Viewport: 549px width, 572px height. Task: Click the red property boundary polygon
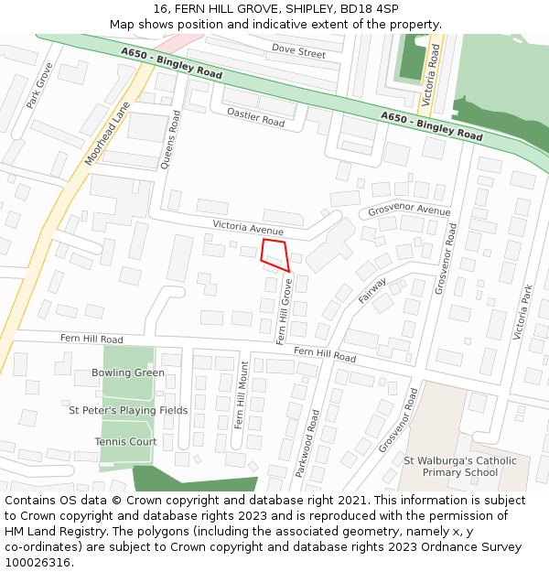[x=274, y=254]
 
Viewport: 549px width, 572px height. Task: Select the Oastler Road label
[x=256, y=116]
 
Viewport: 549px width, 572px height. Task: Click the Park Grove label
[x=39, y=86]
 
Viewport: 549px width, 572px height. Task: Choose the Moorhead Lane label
[x=108, y=134]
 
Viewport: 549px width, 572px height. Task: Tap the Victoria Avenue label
[x=248, y=226]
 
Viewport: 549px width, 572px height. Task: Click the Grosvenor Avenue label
[x=409, y=210]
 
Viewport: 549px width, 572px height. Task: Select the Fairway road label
[x=372, y=289]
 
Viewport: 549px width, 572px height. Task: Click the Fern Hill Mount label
[x=242, y=394]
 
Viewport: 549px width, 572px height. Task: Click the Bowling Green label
[x=128, y=372]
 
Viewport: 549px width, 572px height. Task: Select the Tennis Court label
[x=125, y=441]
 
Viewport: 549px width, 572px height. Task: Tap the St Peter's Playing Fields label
[x=128, y=410]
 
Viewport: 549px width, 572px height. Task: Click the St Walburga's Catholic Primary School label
[x=460, y=467]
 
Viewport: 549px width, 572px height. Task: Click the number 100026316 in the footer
[x=38, y=562]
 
